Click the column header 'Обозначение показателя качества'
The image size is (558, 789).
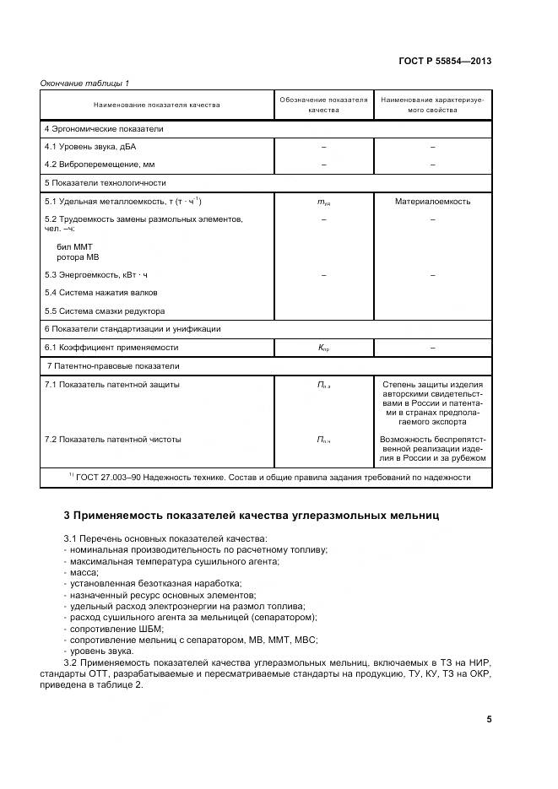point(323,105)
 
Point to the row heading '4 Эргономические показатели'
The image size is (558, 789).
point(104,129)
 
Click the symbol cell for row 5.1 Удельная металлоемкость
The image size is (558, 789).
point(323,203)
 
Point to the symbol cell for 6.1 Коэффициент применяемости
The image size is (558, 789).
point(323,348)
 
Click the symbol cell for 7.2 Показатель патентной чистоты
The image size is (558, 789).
point(323,440)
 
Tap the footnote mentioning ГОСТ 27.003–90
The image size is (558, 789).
point(269,477)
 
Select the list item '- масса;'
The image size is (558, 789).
point(80,573)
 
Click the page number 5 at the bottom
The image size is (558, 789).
point(489,719)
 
